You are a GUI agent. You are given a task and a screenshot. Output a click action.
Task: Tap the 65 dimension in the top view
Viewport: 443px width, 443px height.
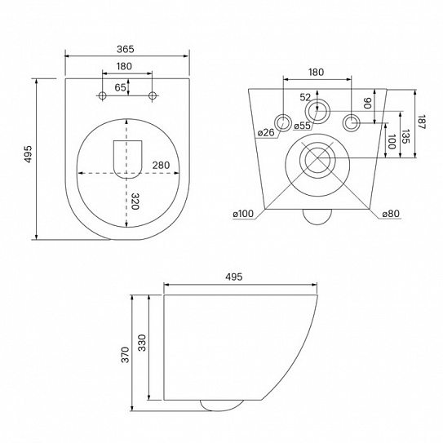click(120, 86)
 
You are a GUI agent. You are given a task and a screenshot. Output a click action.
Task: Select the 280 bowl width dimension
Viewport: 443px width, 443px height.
click(161, 166)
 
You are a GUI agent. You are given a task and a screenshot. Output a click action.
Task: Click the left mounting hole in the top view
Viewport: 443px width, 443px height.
click(102, 97)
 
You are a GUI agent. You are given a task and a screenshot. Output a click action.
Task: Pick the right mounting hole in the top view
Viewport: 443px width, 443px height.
click(152, 97)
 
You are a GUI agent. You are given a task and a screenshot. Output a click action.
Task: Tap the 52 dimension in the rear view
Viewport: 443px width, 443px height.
click(305, 96)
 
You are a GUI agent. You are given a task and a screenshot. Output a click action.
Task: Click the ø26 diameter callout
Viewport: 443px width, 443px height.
click(265, 133)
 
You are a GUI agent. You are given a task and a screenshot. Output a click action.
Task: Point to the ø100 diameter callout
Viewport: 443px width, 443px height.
click(241, 214)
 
